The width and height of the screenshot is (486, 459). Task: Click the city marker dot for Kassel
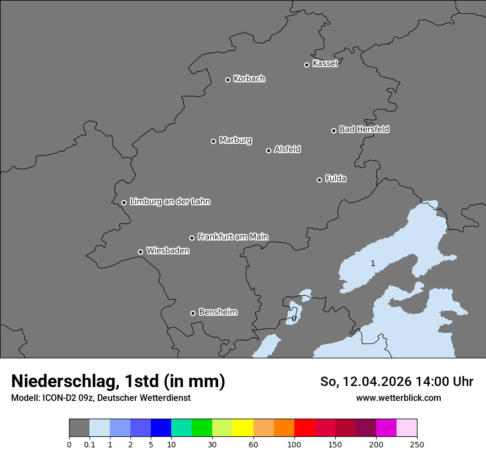[x=307, y=65]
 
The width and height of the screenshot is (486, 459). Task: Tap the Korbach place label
[x=249, y=79]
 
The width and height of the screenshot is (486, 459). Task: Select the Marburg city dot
[x=213, y=141]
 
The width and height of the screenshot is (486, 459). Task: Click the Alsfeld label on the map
[x=287, y=149]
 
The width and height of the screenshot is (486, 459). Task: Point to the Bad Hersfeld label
[x=364, y=129]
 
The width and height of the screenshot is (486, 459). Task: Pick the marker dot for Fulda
[x=319, y=180]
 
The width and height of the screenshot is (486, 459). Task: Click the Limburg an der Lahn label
[x=170, y=202]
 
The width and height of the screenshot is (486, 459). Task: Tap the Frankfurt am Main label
[x=233, y=237]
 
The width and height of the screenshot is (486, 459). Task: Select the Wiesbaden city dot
[x=140, y=252]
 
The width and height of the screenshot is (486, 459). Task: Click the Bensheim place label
[x=218, y=312]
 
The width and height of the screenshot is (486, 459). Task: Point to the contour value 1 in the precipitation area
[x=373, y=264]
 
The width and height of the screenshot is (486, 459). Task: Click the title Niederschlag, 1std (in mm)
[x=118, y=382]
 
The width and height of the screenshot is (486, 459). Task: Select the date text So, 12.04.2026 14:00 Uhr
[x=397, y=382]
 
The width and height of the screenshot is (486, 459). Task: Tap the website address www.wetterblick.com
[x=398, y=398]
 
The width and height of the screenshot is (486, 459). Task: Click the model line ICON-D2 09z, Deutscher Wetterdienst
[x=101, y=398]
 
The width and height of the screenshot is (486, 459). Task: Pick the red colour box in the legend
[x=304, y=428]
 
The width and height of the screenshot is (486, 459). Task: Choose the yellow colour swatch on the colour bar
[x=243, y=428]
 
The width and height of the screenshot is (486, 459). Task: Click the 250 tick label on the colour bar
[x=417, y=444]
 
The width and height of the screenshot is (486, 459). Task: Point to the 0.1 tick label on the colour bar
[x=89, y=444]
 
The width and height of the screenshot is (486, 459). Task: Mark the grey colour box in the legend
[x=79, y=428]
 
